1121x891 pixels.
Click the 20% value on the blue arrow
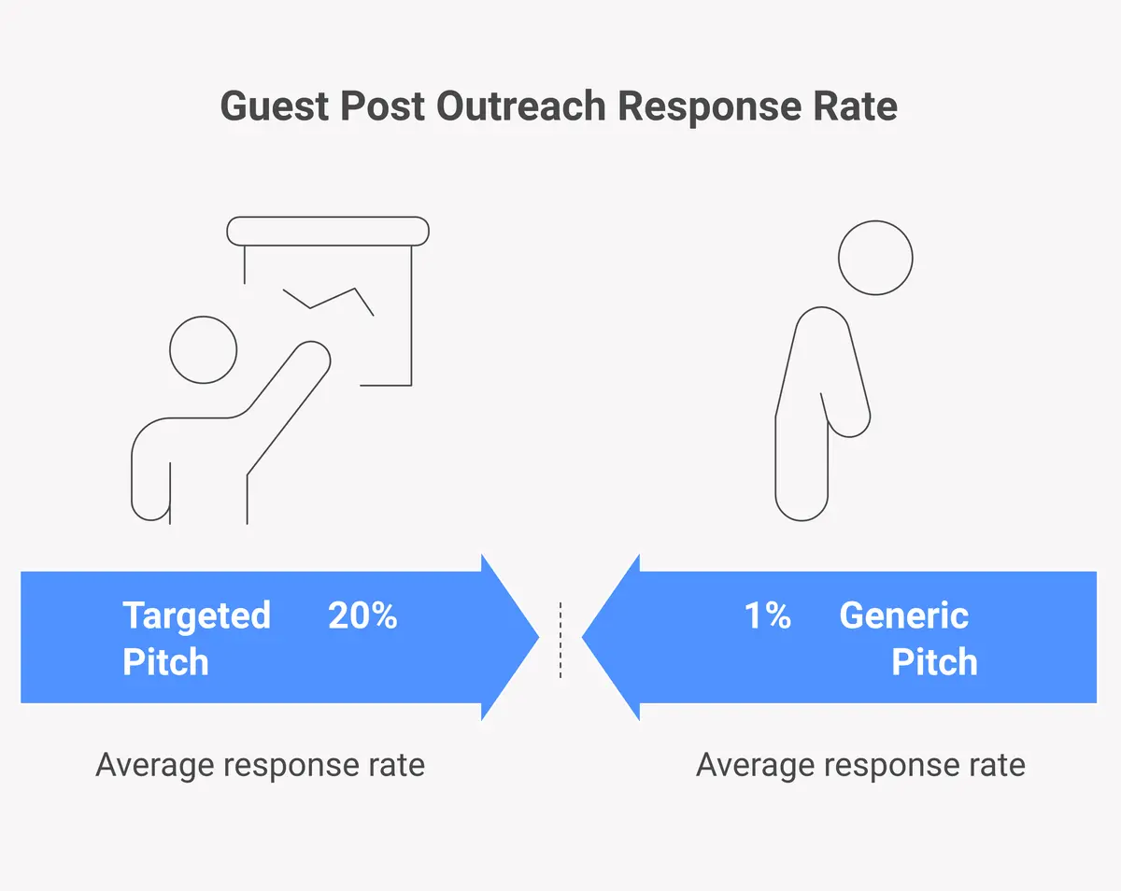(362, 616)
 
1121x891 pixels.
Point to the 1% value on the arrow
(767, 616)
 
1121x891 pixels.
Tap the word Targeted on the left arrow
(196, 616)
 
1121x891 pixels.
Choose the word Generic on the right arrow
(903, 616)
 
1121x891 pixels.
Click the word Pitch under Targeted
(165, 662)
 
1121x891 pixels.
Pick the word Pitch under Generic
(934, 662)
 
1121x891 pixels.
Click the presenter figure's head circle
(203, 350)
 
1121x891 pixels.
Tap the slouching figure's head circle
(875, 259)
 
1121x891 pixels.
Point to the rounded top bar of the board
(328, 231)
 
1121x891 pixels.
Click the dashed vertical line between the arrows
(560, 640)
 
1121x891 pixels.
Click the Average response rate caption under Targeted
(260, 766)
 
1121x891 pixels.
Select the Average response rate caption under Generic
(860, 766)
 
